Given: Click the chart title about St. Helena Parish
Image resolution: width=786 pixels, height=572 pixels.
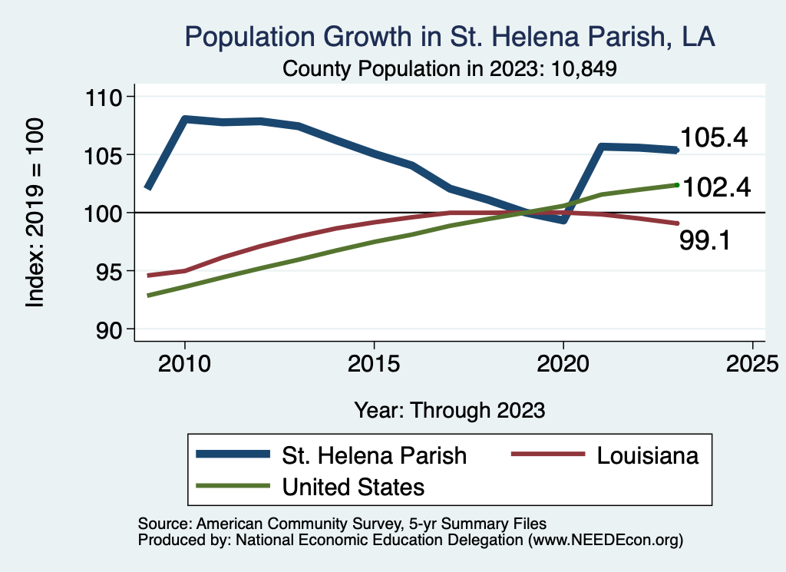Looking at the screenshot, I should coord(449,38).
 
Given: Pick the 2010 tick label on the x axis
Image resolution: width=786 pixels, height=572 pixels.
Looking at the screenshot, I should coord(184,362).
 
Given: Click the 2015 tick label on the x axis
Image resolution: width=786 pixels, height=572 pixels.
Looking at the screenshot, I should coord(374,362).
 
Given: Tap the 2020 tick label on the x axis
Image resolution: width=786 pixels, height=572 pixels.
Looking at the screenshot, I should coord(563,362).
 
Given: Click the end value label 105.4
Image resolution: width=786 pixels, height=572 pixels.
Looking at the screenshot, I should coord(714,138).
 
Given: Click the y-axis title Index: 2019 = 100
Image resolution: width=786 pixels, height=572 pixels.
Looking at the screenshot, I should coord(35,213).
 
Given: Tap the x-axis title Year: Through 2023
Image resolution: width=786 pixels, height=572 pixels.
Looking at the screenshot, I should coord(449,410).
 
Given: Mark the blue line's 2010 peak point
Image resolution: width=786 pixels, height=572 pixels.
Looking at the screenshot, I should coord(184,119).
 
